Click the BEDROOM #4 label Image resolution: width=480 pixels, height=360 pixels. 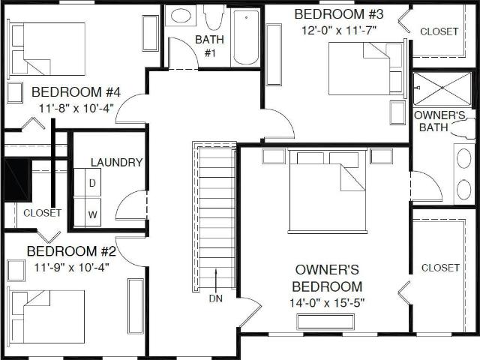(76, 92)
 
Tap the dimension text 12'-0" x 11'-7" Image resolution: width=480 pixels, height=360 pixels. (339, 30)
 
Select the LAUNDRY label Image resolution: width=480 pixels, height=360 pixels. (117, 162)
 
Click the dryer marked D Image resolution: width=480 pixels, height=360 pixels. (92, 183)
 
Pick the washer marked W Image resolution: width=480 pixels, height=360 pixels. (92, 212)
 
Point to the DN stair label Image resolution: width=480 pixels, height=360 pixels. (216, 298)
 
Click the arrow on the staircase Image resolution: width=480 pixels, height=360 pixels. (216, 281)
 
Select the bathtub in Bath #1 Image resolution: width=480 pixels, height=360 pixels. (247, 36)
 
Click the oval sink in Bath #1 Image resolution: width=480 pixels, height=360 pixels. (181, 16)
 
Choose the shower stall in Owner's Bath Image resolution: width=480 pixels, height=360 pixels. (442, 88)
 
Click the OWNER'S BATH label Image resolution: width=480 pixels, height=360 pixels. (439, 121)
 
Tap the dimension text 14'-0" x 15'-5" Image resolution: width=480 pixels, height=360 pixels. (327, 303)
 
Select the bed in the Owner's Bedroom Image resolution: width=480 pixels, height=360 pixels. (327, 190)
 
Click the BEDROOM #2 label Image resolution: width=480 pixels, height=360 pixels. (71, 251)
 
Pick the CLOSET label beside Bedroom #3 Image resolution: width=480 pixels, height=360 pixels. (439, 31)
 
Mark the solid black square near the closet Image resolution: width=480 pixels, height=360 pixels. (17, 180)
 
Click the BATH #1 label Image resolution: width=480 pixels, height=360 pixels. (210, 46)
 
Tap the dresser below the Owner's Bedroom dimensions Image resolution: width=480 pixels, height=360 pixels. (325, 322)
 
